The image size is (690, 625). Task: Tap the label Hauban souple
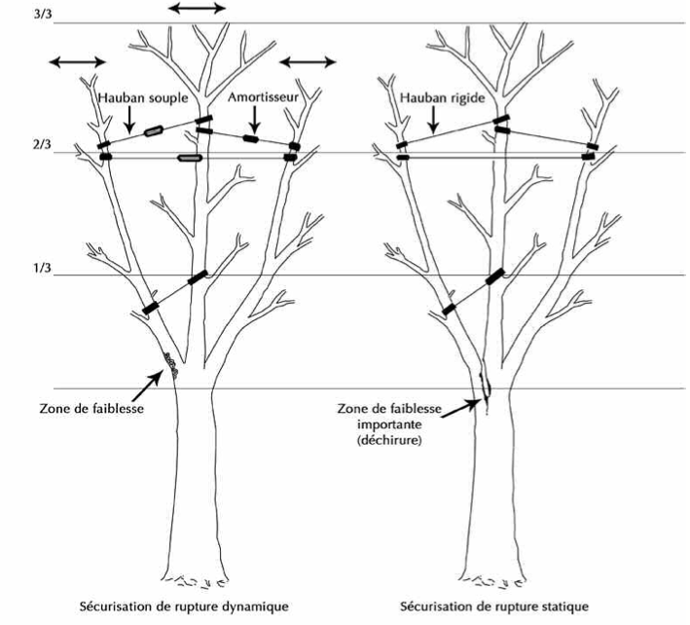click(x=142, y=99)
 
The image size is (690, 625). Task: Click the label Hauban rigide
click(x=438, y=99)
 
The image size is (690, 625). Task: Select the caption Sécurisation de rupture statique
click(x=517, y=607)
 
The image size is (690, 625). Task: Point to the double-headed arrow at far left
click(x=79, y=62)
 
